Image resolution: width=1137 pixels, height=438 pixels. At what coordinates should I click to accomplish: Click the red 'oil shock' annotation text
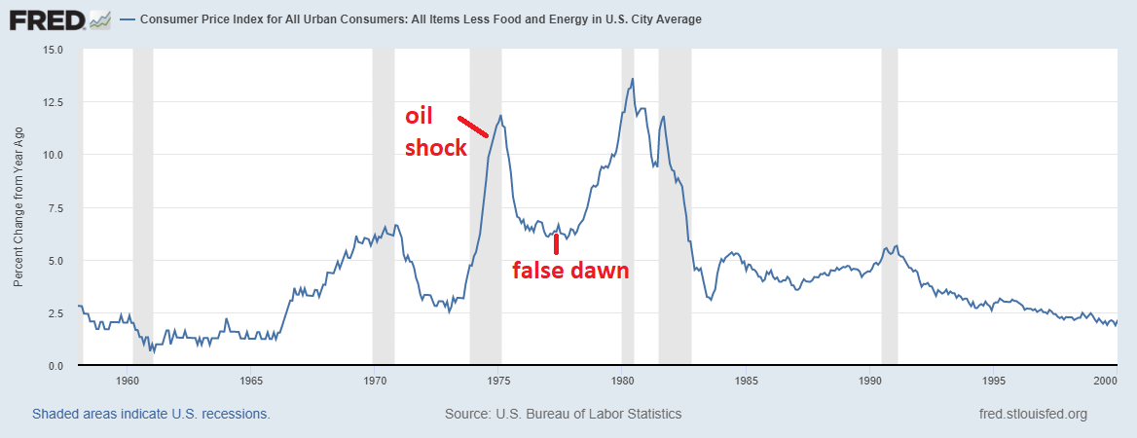(x=435, y=132)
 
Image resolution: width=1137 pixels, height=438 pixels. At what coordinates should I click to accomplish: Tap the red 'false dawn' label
(x=570, y=271)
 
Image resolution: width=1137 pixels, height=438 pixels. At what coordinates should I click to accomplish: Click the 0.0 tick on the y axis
(x=55, y=366)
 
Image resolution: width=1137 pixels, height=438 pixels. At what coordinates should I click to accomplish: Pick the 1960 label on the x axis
(x=128, y=381)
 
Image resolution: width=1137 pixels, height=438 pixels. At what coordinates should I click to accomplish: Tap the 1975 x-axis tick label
(x=499, y=381)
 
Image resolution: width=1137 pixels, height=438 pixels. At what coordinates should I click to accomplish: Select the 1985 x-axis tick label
(x=747, y=381)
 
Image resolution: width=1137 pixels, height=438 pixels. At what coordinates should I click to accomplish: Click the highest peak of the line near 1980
(x=633, y=79)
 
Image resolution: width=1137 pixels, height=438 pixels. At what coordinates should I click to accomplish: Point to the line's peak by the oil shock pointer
(x=500, y=116)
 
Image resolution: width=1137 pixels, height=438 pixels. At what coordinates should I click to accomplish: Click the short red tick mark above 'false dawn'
(x=556, y=242)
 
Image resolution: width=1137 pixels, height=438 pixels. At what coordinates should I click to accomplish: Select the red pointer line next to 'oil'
(x=473, y=126)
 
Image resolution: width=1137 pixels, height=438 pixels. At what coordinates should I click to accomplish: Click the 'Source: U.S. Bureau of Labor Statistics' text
(x=563, y=414)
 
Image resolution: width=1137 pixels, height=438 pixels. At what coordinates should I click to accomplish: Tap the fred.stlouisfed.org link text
(x=1033, y=414)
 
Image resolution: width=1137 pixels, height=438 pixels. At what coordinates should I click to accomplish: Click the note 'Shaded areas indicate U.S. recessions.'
(x=151, y=414)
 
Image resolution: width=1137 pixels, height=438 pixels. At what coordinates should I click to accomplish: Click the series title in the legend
(x=421, y=18)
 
